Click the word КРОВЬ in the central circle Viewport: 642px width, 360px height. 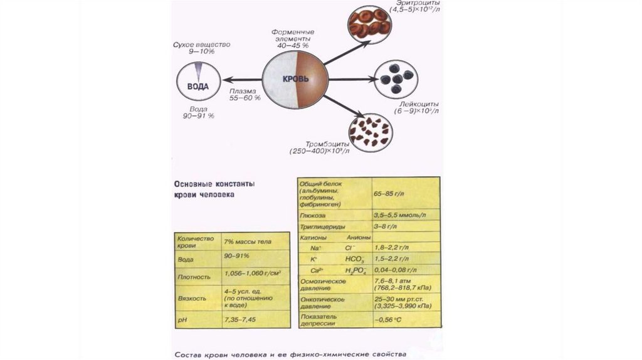coord(295,81)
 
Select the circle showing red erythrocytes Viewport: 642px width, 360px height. coord(369,23)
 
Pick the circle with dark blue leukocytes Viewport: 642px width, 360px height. coord(395,78)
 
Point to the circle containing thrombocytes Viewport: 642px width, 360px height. coord(369,130)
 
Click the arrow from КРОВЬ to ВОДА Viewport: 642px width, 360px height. coord(242,80)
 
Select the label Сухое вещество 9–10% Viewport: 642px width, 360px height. coord(203,48)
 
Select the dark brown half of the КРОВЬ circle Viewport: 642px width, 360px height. coord(312,80)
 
